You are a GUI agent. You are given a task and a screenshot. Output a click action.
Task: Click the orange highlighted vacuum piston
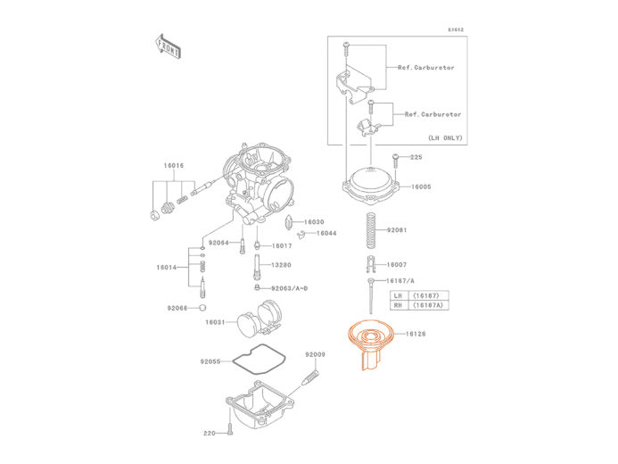pyautogui.click(x=367, y=344)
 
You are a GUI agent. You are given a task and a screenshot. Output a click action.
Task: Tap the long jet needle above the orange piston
pyautogui.click(x=368, y=294)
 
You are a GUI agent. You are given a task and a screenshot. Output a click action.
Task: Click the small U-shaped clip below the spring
pyautogui.click(x=369, y=264)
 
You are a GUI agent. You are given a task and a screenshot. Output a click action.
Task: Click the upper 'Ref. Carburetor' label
pyautogui.click(x=417, y=68)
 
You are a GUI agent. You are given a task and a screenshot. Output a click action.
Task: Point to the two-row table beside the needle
pyautogui.click(x=419, y=300)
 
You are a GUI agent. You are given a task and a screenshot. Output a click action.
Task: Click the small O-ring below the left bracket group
pyautogui.click(x=202, y=307)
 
